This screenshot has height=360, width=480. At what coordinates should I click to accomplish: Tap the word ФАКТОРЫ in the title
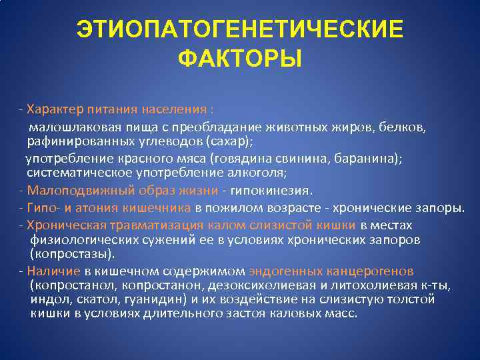click(x=240, y=59)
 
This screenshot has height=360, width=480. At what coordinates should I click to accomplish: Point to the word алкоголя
click(x=261, y=173)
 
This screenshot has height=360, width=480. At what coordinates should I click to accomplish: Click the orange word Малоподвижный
click(x=67, y=191)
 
